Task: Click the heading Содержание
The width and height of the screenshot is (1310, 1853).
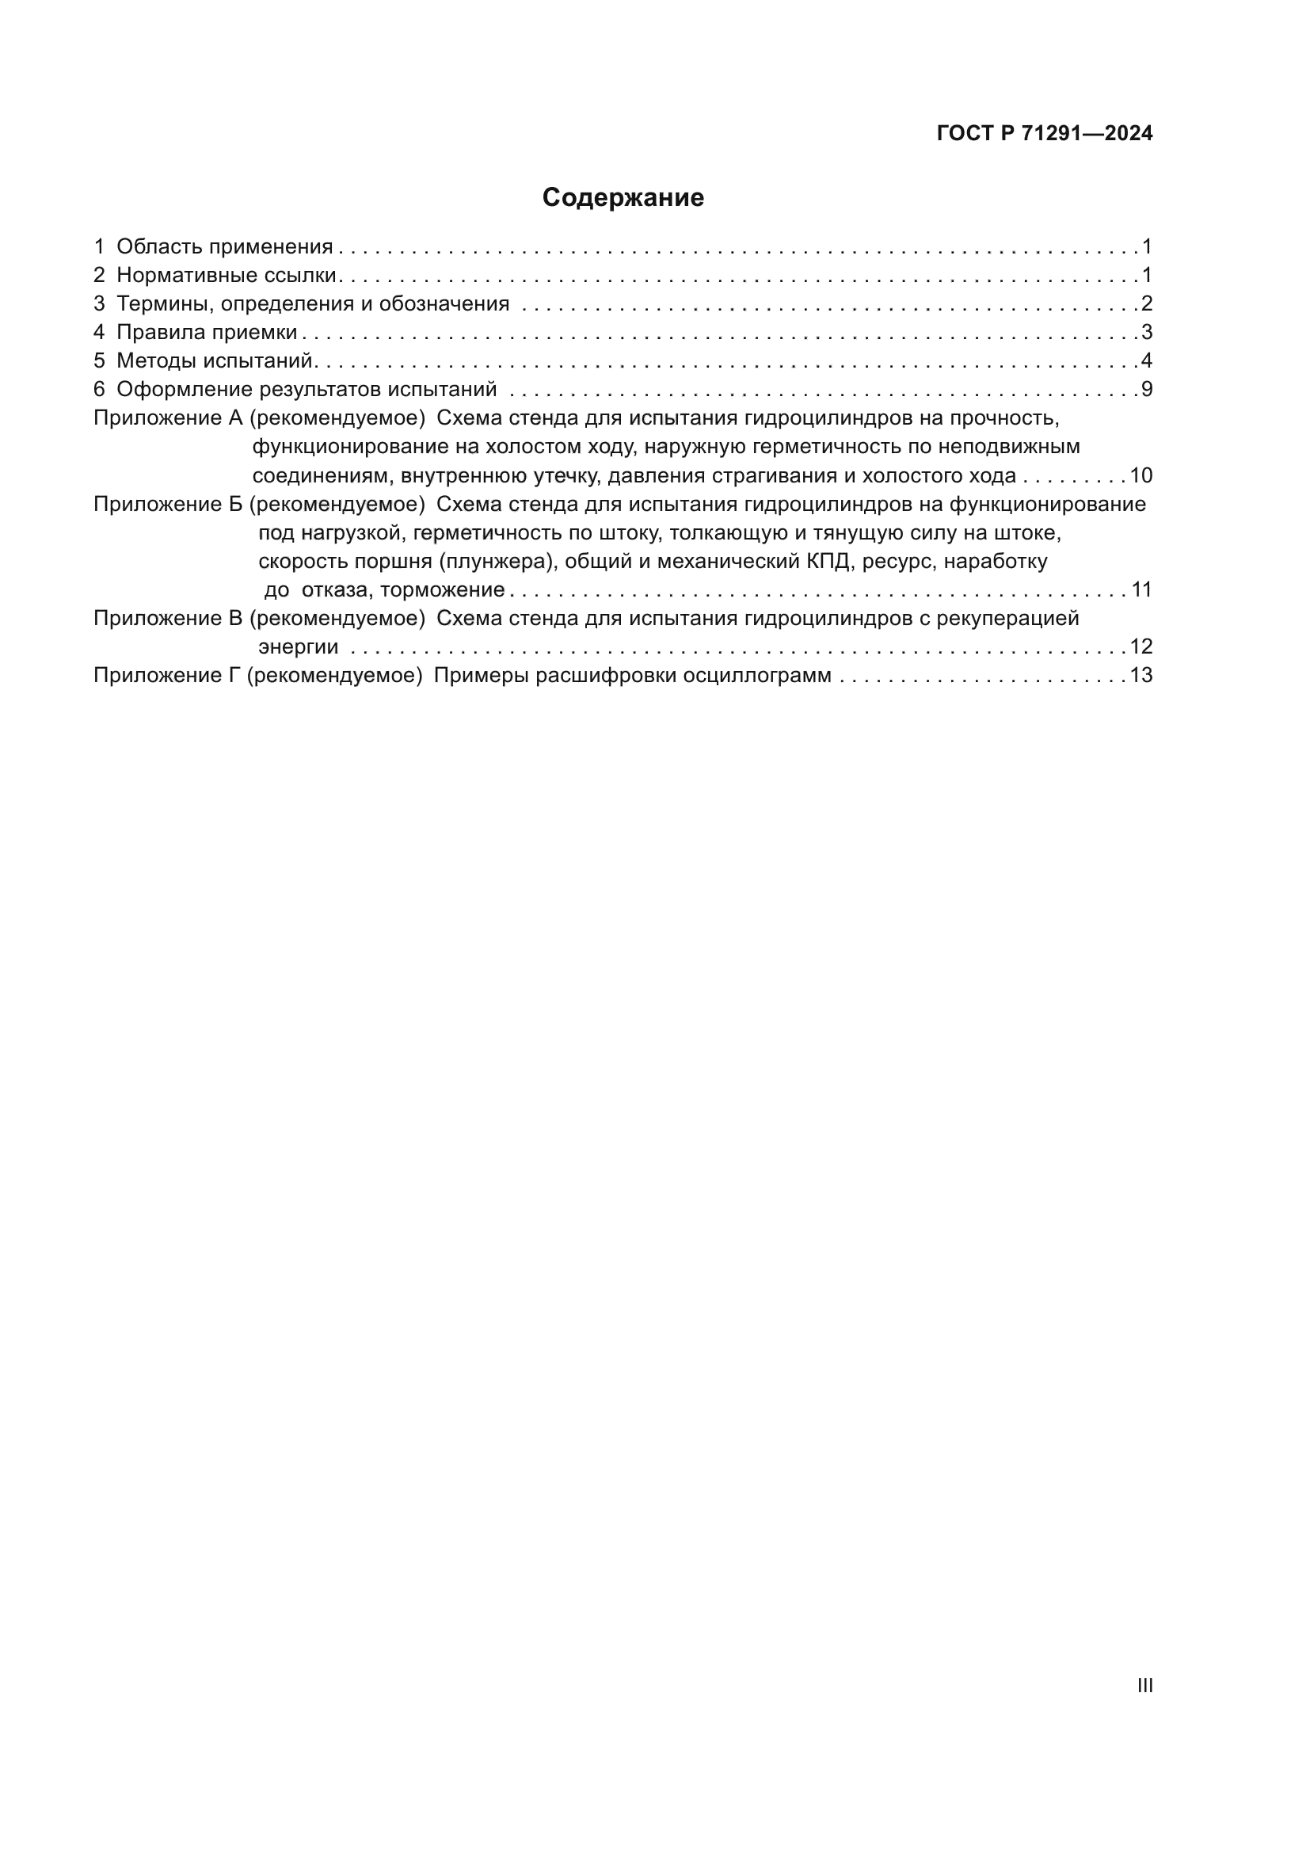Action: tap(623, 198)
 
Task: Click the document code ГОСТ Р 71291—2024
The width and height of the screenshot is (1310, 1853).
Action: tap(1045, 134)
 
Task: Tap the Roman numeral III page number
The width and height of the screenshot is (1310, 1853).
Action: tap(1144, 1685)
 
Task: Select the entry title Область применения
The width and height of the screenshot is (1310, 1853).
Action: tap(224, 247)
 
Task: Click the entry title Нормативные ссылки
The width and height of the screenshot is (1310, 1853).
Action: tap(226, 275)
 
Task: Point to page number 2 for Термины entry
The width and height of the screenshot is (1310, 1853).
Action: tap(1147, 303)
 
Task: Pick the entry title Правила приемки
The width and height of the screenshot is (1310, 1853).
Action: tap(207, 333)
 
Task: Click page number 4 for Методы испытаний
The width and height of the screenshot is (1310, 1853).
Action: tap(1147, 360)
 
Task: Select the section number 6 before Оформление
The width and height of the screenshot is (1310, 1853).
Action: tap(99, 390)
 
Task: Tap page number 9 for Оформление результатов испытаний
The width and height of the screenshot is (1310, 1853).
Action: tap(1147, 390)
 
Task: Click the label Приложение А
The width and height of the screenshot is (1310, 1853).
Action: tap(168, 418)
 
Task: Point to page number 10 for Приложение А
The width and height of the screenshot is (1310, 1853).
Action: tap(1141, 475)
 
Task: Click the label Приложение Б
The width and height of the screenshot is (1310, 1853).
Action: tap(168, 505)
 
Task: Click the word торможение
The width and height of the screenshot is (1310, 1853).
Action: tap(442, 590)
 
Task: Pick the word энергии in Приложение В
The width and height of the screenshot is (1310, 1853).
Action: tap(298, 647)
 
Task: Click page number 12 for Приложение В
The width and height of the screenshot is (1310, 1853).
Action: tap(1141, 647)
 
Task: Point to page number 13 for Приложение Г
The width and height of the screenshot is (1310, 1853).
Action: tap(1141, 676)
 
